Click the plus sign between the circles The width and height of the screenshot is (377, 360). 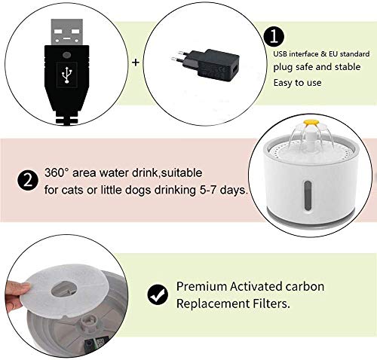coord(136,63)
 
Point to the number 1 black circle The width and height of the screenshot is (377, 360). coord(274,36)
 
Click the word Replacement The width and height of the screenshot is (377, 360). coord(210,304)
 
